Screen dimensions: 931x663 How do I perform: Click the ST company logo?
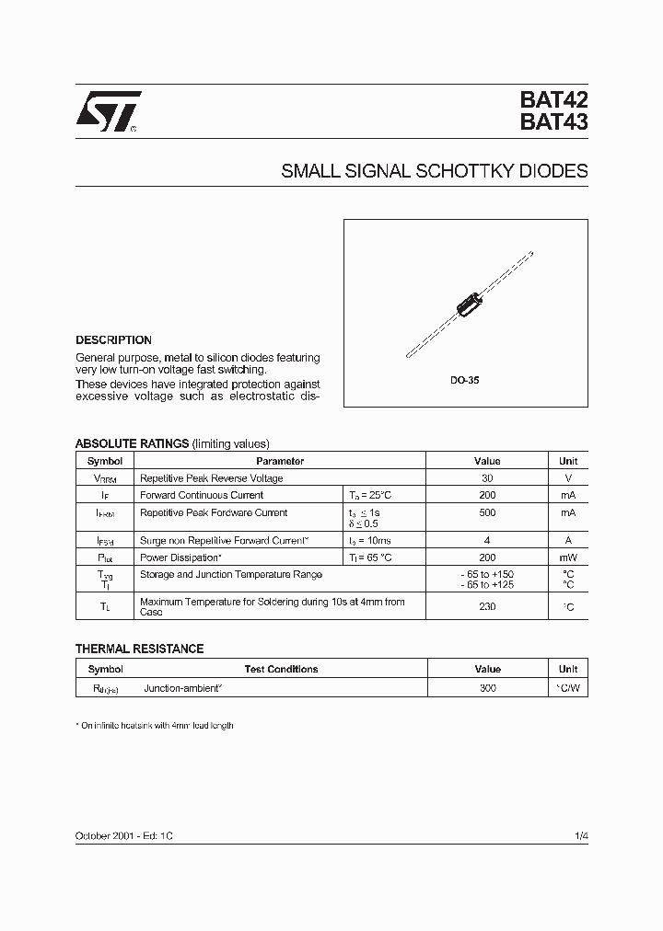coord(108,112)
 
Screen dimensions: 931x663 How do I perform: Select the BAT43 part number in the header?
coord(553,122)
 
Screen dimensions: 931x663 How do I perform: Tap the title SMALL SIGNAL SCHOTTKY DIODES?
coord(434,171)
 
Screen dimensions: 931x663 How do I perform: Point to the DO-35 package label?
coord(465,379)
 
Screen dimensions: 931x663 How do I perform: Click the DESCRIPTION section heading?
coord(113,339)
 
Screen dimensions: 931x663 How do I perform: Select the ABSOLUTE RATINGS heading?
coord(132,443)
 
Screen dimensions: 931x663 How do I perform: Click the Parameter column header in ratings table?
coord(280,461)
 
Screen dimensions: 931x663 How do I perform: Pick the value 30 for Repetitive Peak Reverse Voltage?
coord(487,478)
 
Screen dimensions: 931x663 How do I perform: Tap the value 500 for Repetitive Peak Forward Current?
coord(487,512)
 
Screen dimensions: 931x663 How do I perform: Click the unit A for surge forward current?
coord(568,541)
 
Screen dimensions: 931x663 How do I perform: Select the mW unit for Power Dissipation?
coord(568,557)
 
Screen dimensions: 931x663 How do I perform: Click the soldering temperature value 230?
coord(487,607)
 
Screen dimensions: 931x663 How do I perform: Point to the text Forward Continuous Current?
coord(199,495)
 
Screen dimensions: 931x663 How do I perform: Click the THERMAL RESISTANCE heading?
coord(139,649)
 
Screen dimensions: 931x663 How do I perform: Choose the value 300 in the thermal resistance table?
coord(487,687)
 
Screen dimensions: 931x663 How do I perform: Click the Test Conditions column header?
coord(281,670)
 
